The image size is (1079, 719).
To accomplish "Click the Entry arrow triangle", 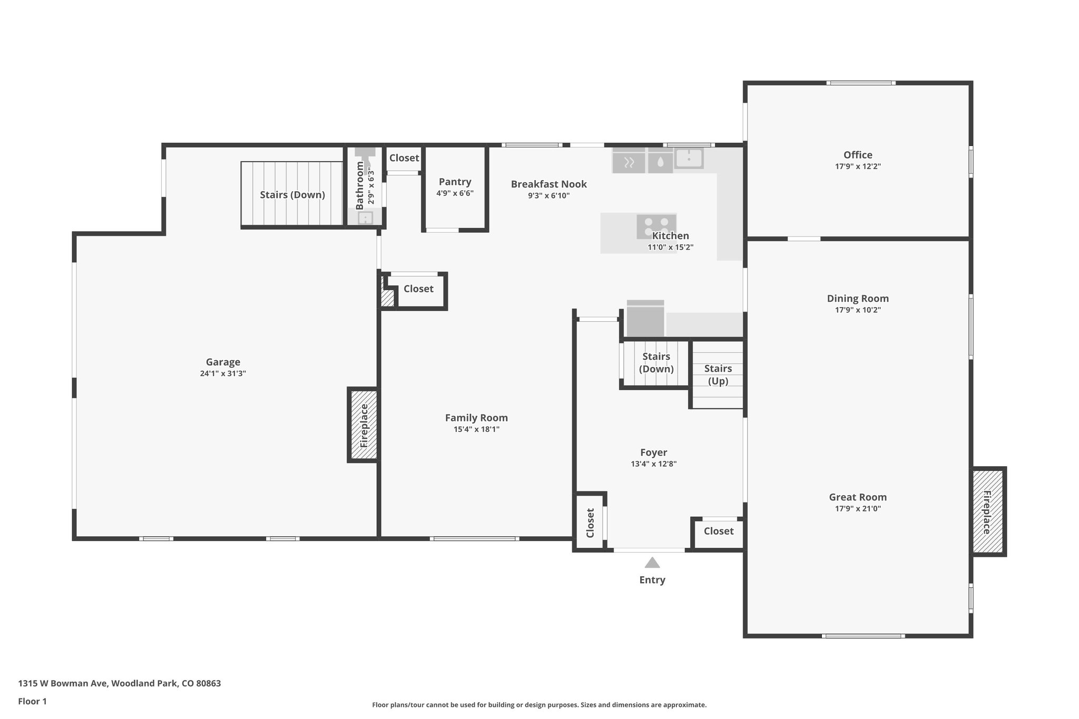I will point(652,563).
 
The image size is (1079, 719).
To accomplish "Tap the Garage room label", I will point(223,362).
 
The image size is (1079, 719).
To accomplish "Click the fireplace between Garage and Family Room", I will point(364,425).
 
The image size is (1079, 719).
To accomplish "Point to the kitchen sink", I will point(689,158).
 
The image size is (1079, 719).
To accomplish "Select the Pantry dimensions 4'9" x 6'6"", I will point(455,193).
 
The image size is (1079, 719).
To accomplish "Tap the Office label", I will point(858,155).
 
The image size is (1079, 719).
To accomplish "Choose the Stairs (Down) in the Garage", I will point(292,195).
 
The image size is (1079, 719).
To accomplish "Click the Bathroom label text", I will point(360,185).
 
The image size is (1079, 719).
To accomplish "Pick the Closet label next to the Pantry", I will point(404,158).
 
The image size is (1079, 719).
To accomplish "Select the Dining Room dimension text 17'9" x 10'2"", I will point(858,310).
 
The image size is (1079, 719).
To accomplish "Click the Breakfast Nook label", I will point(548,184).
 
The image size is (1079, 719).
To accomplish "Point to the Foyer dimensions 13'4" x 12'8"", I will point(653,464).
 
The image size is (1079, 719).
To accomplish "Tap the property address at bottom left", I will point(120,683).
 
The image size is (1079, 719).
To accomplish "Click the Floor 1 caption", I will point(33,701).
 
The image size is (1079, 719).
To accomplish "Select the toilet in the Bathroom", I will point(365,153).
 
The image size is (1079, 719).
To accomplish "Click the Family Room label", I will point(476,418).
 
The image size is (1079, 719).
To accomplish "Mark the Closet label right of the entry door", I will point(719,531).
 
